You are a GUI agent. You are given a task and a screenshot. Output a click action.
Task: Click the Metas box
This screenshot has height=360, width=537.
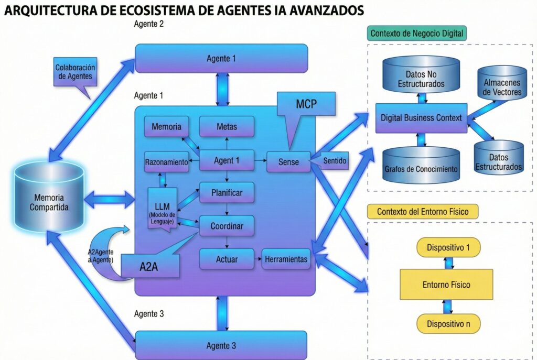(x=227, y=127)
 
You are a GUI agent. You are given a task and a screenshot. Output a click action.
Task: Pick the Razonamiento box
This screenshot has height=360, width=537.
(x=166, y=162)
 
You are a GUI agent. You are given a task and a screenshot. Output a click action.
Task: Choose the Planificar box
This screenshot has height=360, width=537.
(x=227, y=193)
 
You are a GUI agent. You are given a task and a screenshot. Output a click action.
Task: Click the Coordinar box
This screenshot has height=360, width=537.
(x=227, y=226)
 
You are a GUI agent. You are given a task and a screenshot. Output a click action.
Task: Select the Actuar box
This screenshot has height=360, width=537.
(x=227, y=259)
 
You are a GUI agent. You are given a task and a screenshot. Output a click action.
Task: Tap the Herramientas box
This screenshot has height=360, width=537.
(x=286, y=259)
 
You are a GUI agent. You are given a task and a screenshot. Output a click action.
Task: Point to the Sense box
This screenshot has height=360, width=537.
(x=288, y=162)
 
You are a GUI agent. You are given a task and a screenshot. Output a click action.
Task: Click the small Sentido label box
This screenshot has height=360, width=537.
(x=334, y=160)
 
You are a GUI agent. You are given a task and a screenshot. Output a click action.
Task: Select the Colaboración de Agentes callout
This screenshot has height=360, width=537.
(x=76, y=72)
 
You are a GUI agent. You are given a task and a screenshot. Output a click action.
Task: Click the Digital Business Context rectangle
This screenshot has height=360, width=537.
(x=421, y=118)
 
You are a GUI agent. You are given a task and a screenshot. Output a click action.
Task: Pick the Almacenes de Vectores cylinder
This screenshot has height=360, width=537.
(x=502, y=83)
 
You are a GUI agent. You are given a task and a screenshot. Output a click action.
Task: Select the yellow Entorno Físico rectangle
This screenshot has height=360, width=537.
(x=446, y=285)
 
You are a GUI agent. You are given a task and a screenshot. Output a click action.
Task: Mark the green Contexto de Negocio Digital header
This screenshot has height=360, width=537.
(x=416, y=34)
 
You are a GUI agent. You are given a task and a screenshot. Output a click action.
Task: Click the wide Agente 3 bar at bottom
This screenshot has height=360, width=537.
(x=221, y=345)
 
